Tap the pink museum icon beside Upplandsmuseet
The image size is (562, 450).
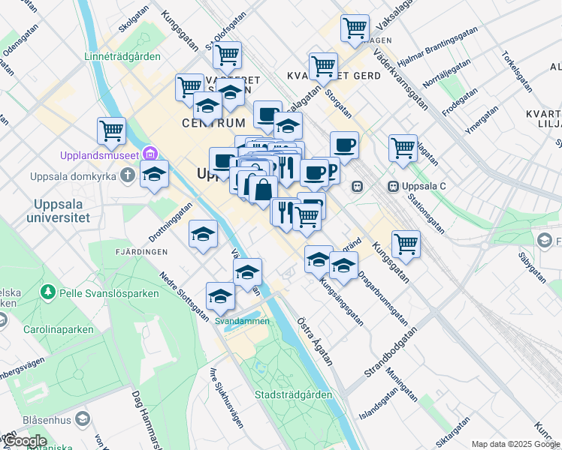click(x=152, y=155)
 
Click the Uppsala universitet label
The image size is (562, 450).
click(x=62, y=211)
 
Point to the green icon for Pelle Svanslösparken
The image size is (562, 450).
click(x=49, y=290)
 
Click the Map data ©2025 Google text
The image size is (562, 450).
click(x=515, y=444)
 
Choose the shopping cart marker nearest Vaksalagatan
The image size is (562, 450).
click(x=355, y=28)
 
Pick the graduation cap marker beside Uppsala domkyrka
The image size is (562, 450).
click(x=154, y=175)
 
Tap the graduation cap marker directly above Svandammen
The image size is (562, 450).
click(x=220, y=296)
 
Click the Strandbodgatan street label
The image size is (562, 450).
click(x=390, y=353)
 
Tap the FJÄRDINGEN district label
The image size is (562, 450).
click(x=142, y=252)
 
